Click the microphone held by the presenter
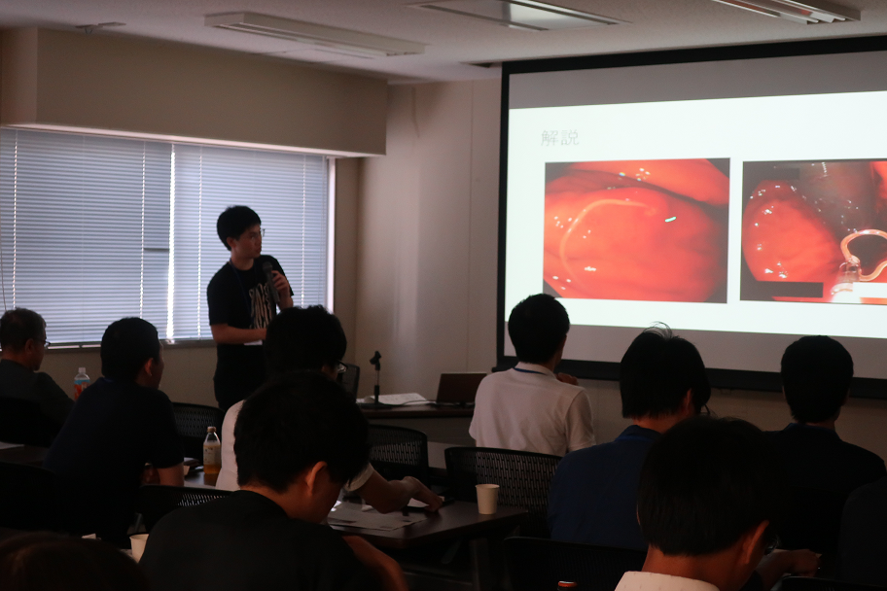pos(269,280)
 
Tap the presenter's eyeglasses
pos(256,232)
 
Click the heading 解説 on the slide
pos(559,138)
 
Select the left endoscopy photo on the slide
pos(636,230)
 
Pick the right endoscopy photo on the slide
pos(813,230)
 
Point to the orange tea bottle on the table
pos(212,451)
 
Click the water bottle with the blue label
pos(81,383)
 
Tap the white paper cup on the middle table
pos(486,499)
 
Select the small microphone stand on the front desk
pos(375,378)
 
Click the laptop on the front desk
pos(459,389)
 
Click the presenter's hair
pos(237,223)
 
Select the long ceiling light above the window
pos(314,35)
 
